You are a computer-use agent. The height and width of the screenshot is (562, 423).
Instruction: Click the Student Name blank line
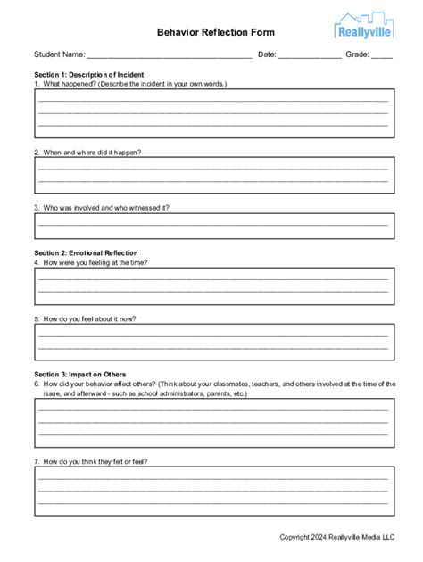[170, 55]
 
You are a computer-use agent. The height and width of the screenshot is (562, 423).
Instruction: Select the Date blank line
[310, 55]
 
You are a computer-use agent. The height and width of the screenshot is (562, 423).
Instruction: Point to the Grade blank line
[382, 55]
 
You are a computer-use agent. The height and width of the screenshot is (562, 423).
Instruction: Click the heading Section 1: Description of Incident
[89, 74]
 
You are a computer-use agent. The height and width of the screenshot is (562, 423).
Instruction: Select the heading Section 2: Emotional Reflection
[86, 253]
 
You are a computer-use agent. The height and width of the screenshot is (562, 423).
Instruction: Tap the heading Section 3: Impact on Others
[80, 374]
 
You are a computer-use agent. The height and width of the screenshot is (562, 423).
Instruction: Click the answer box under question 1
[212, 112]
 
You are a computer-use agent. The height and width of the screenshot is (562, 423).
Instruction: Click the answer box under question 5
[212, 341]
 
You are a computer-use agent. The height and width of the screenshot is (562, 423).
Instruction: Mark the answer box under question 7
[212, 491]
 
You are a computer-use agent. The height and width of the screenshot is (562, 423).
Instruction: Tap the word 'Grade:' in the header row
[357, 54]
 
